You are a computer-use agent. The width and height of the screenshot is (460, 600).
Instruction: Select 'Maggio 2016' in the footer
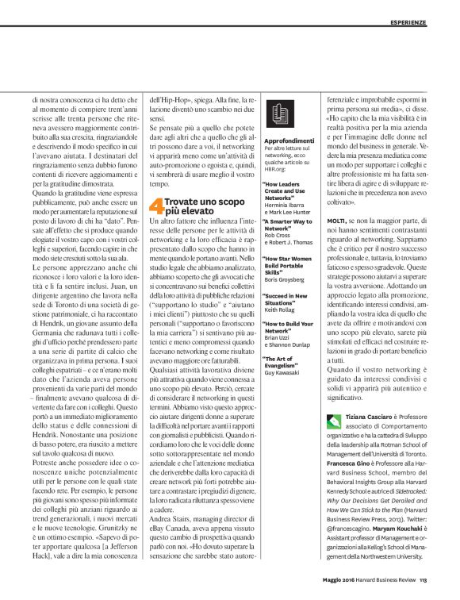(333, 578)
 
